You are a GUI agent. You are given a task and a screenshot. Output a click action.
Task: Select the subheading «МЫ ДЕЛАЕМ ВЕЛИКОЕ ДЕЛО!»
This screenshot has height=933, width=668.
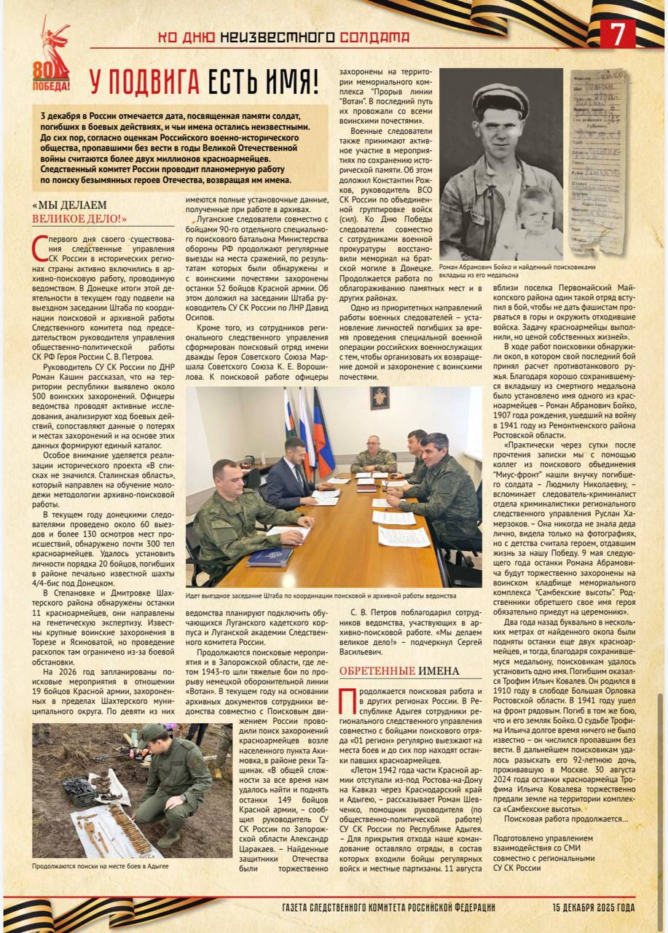[x=80, y=211]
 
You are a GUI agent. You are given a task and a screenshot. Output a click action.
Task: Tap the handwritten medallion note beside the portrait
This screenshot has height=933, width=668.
[x=598, y=160]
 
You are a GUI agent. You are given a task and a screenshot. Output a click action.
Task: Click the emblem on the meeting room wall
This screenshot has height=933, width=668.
[x=380, y=398]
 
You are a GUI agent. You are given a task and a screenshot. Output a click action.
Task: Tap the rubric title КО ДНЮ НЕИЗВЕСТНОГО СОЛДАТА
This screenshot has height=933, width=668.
[x=284, y=36]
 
